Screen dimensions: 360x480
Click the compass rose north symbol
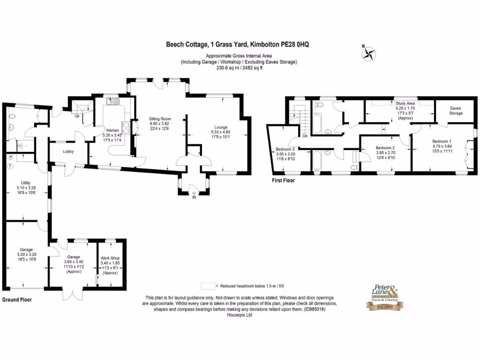click(368, 53)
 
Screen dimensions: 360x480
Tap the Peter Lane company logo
click(384, 298)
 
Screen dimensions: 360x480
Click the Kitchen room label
click(112, 130)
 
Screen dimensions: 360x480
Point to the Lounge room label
click(221, 127)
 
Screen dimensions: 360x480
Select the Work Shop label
click(110, 258)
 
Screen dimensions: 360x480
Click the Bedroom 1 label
click(442, 141)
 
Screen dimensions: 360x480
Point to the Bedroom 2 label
click(386, 148)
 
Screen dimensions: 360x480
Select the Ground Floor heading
click(17, 299)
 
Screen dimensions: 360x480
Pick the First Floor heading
click(284, 180)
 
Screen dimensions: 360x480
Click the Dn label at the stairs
click(305, 136)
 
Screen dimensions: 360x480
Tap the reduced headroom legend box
click(207, 285)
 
